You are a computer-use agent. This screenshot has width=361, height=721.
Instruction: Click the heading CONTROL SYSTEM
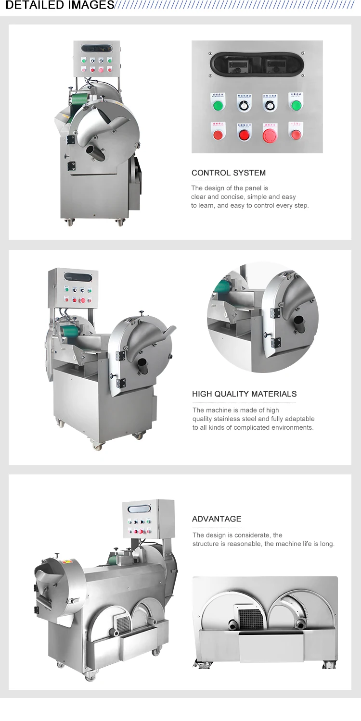pyautogui.click(x=229, y=173)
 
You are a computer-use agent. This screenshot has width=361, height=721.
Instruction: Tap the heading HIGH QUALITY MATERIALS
pyautogui.click(x=244, y=394)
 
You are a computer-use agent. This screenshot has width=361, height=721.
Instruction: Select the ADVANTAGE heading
pyautogui.click(x=217, y=519)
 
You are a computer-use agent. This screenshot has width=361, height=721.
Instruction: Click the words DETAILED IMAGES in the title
pyautogui.click(x=57, y=5)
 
